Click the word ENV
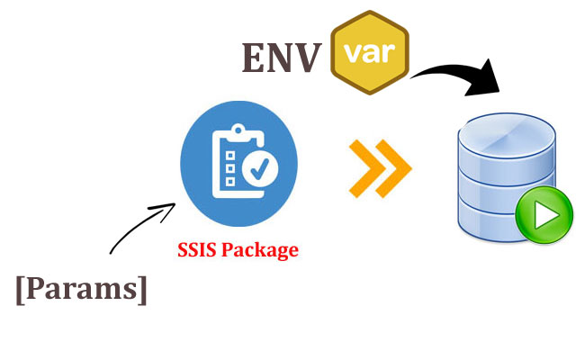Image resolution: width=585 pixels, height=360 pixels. pyautogui.click(x=282, y=58)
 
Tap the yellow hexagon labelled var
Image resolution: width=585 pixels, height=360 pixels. pyautogui.click(x=370, y=52)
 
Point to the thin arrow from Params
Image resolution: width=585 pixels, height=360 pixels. pyautogui.click(x=142, y=227)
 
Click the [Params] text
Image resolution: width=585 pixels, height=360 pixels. pyautogui.click(x=81, y=290)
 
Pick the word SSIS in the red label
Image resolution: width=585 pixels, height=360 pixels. pyautogui.click(x=197, y=249)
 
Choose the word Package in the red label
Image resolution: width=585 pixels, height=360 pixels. pyautogui.click(x=260, y=250)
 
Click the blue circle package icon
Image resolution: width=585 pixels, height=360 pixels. pyautogui.click(x=238, y=164)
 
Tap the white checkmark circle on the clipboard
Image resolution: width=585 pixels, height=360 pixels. pyautogui.click(x=260, y=168)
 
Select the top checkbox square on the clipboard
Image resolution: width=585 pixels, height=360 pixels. pyautogui.click(x=230, y=156)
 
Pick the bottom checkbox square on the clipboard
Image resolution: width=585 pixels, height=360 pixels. pyautogui.click(x=230, y=182)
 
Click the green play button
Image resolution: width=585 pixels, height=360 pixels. pyautogui.click(x=544, y=214)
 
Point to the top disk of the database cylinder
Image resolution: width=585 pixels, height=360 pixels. pyautogui.click(x=507, y=136)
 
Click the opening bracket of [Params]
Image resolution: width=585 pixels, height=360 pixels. pyautogui.click(x=21, y=291)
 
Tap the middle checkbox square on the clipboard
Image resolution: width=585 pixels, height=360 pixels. pyautogui.click(x=230, y=168)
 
